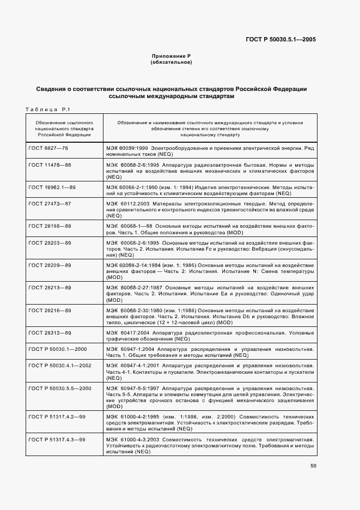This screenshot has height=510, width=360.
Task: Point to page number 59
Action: point(312,466)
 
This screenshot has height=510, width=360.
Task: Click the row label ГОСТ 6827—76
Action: point(48,148)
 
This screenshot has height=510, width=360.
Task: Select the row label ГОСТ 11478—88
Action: point(50,165)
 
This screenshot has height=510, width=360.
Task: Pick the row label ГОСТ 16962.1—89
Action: point(52,186)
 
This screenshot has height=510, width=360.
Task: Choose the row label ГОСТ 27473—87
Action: point(50,203)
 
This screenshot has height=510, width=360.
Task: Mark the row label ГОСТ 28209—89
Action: point(50,265)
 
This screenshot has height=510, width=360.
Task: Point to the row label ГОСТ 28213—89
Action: point(50,287)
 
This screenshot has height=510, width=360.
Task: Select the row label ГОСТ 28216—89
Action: point(50,310)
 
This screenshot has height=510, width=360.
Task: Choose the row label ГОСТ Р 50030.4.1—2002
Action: point(59,365)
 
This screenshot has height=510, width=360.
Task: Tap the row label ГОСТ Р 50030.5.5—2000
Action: point(59,388)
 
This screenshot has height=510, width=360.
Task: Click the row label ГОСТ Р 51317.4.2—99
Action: point(57,416)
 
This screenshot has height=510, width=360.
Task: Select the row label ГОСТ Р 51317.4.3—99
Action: point(57,439)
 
